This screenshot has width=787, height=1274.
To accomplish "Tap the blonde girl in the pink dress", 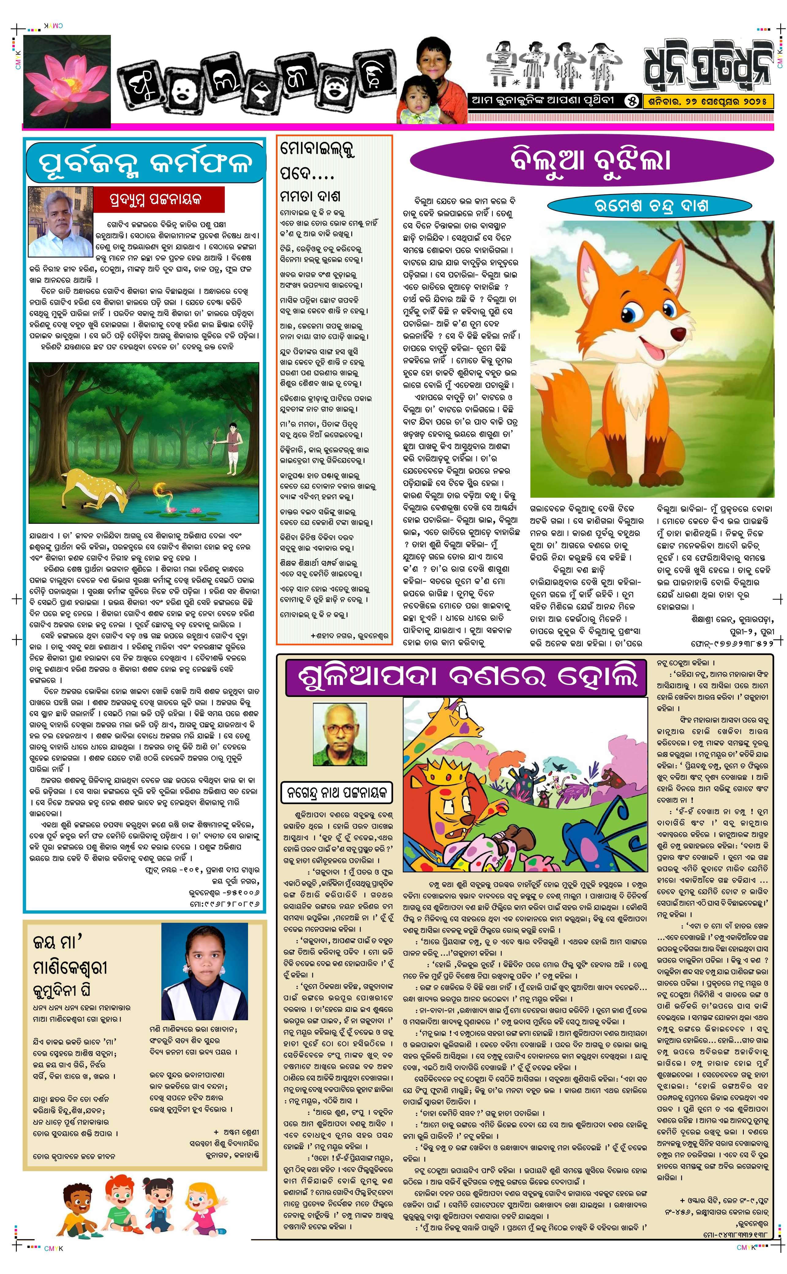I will (x=205, y=1216).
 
